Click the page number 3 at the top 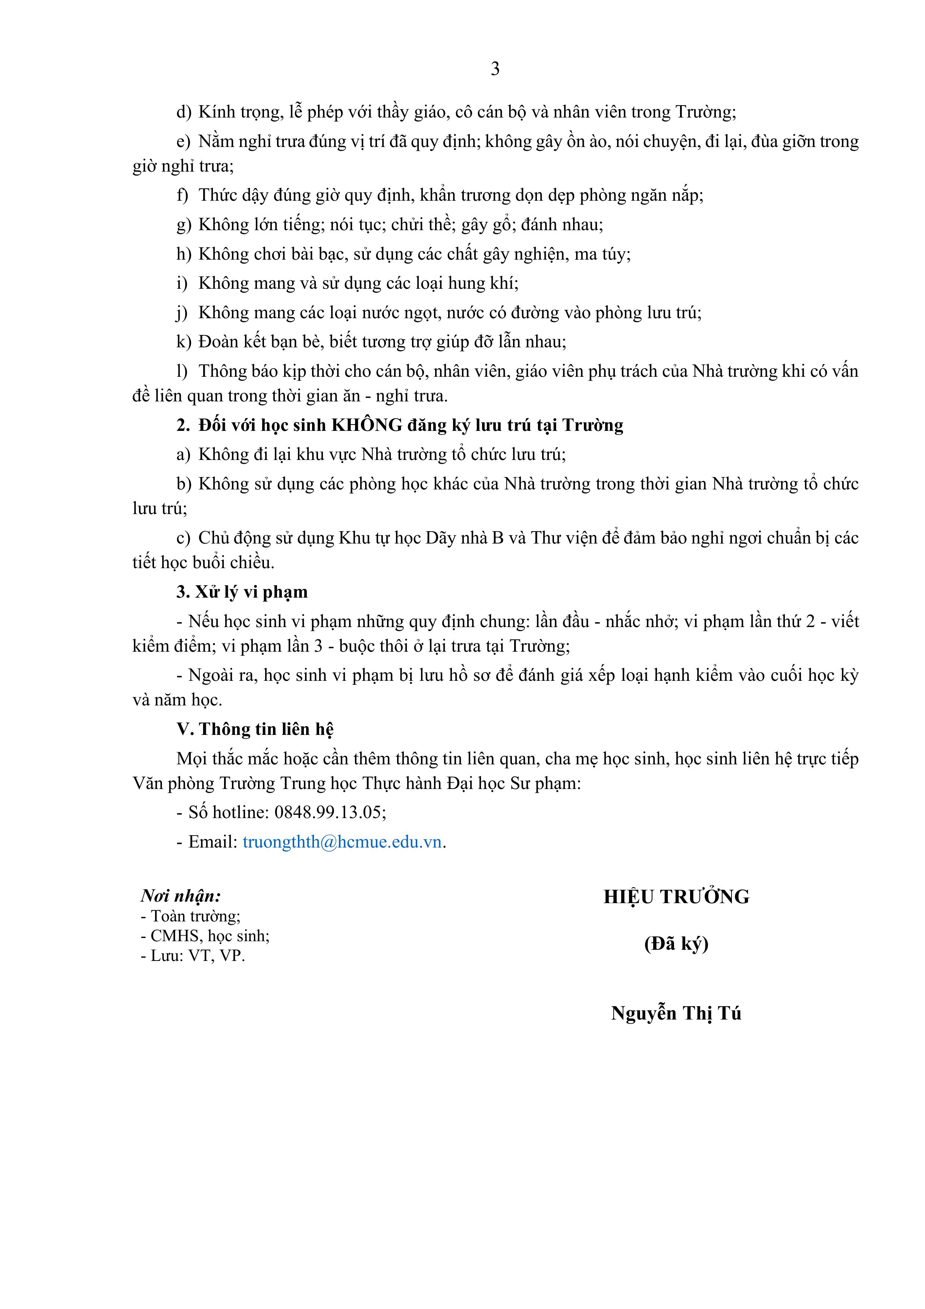(x=495, y=69)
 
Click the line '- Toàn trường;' (x=191, y=916)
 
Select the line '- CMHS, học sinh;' (x=205, y=936)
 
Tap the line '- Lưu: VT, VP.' (x=193, y=955)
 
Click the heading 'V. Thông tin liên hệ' (x=255, y=729)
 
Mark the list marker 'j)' (x=182, y=313)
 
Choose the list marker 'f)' (x=182, y=195)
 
